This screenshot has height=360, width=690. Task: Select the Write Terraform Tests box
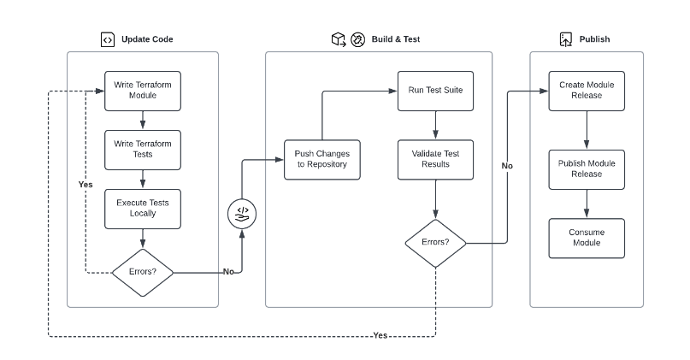point(143,149)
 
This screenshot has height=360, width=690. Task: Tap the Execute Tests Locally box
point(143,208)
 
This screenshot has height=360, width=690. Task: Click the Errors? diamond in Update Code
point(143,273)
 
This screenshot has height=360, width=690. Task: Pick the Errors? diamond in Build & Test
point(435,243)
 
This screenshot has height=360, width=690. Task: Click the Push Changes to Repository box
point(321,158)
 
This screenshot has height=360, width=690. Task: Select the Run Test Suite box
point(435,90)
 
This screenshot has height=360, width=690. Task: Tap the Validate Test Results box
point(435,158)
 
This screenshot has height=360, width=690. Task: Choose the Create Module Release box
point(587,90)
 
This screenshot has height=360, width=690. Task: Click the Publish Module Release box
point(587,168)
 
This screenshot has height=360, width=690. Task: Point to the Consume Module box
point(587,238)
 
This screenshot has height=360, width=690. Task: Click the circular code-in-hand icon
point(243,212)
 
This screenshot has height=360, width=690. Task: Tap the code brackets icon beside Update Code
point(107,39)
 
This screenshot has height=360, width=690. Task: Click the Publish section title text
point(594,39)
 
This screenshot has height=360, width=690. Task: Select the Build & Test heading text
point(397,39)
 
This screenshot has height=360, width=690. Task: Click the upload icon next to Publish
point(565,39)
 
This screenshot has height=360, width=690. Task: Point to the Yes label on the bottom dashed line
point(380,335)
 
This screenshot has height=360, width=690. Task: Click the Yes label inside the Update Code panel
point(85,185)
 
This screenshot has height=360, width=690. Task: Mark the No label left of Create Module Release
point(507,166)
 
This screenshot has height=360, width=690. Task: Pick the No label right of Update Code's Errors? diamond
point(228,272)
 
